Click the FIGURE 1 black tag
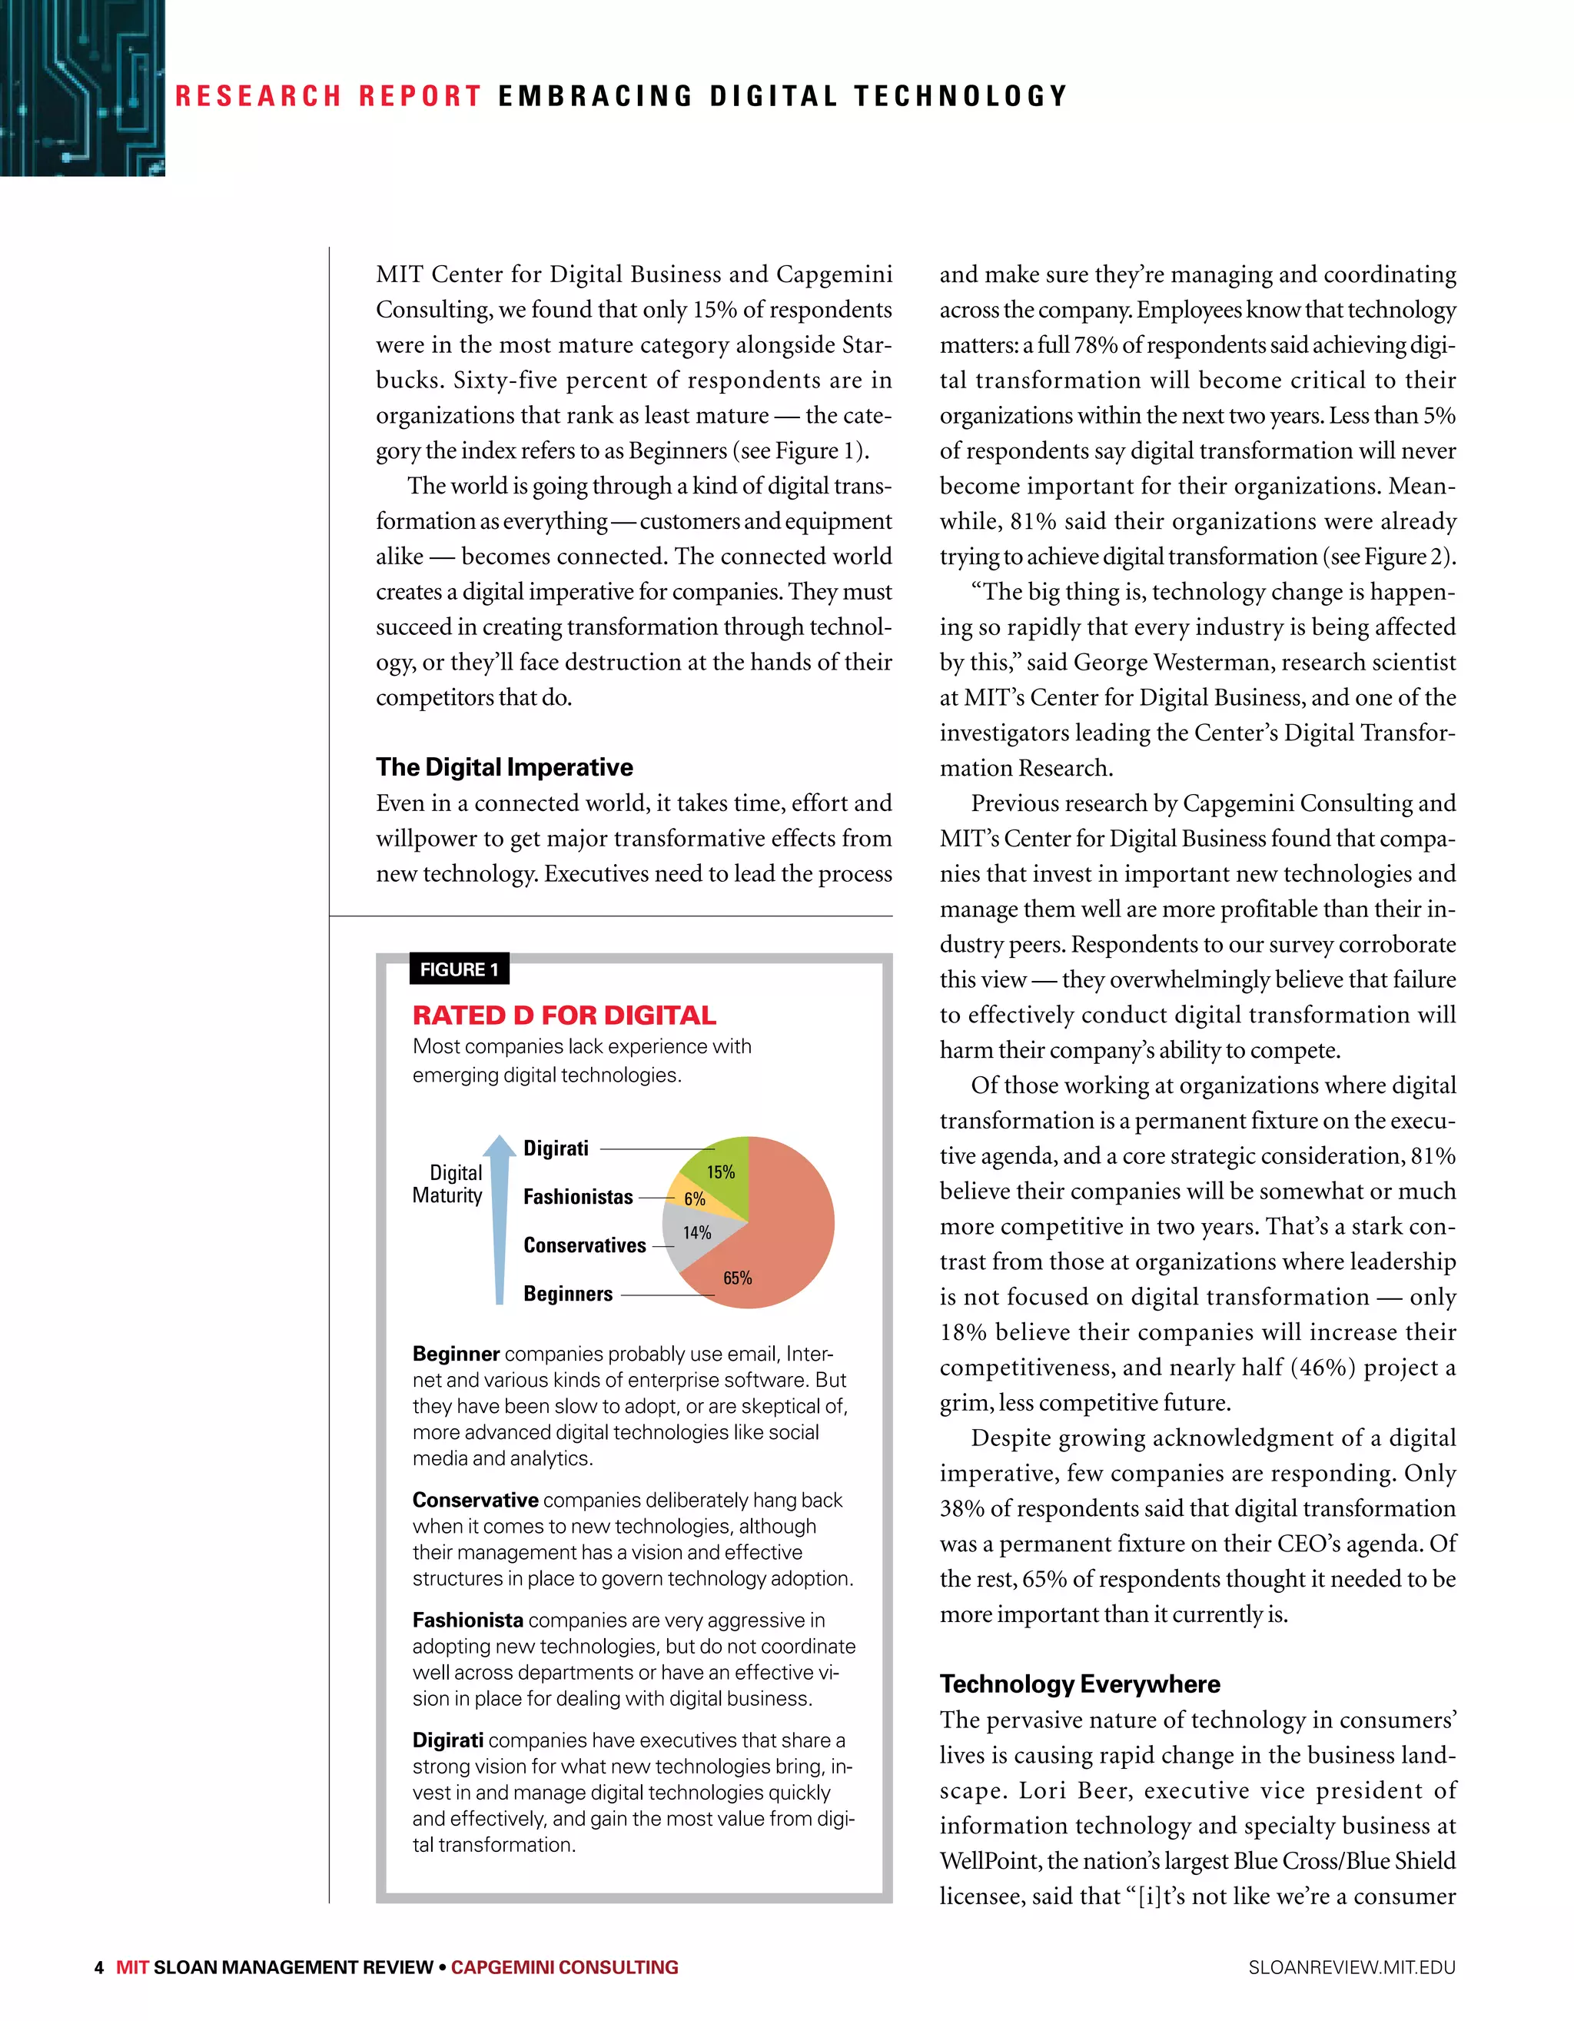[459, 969]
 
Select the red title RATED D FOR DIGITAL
[563, 1015]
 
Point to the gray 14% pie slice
[694, 1235]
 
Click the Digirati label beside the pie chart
[556, 1148]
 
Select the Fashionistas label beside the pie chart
[578, 1196]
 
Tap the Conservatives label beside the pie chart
[585, 1245]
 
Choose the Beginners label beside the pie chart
[568, 1293]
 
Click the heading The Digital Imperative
[504, 767]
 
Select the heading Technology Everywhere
[1079, 1684]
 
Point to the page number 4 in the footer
[99, 1967]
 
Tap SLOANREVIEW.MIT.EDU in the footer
[1351, 1967]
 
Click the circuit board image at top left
[81, 87]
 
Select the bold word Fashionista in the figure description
[468, 1620]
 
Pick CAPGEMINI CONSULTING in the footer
[564, 1967]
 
